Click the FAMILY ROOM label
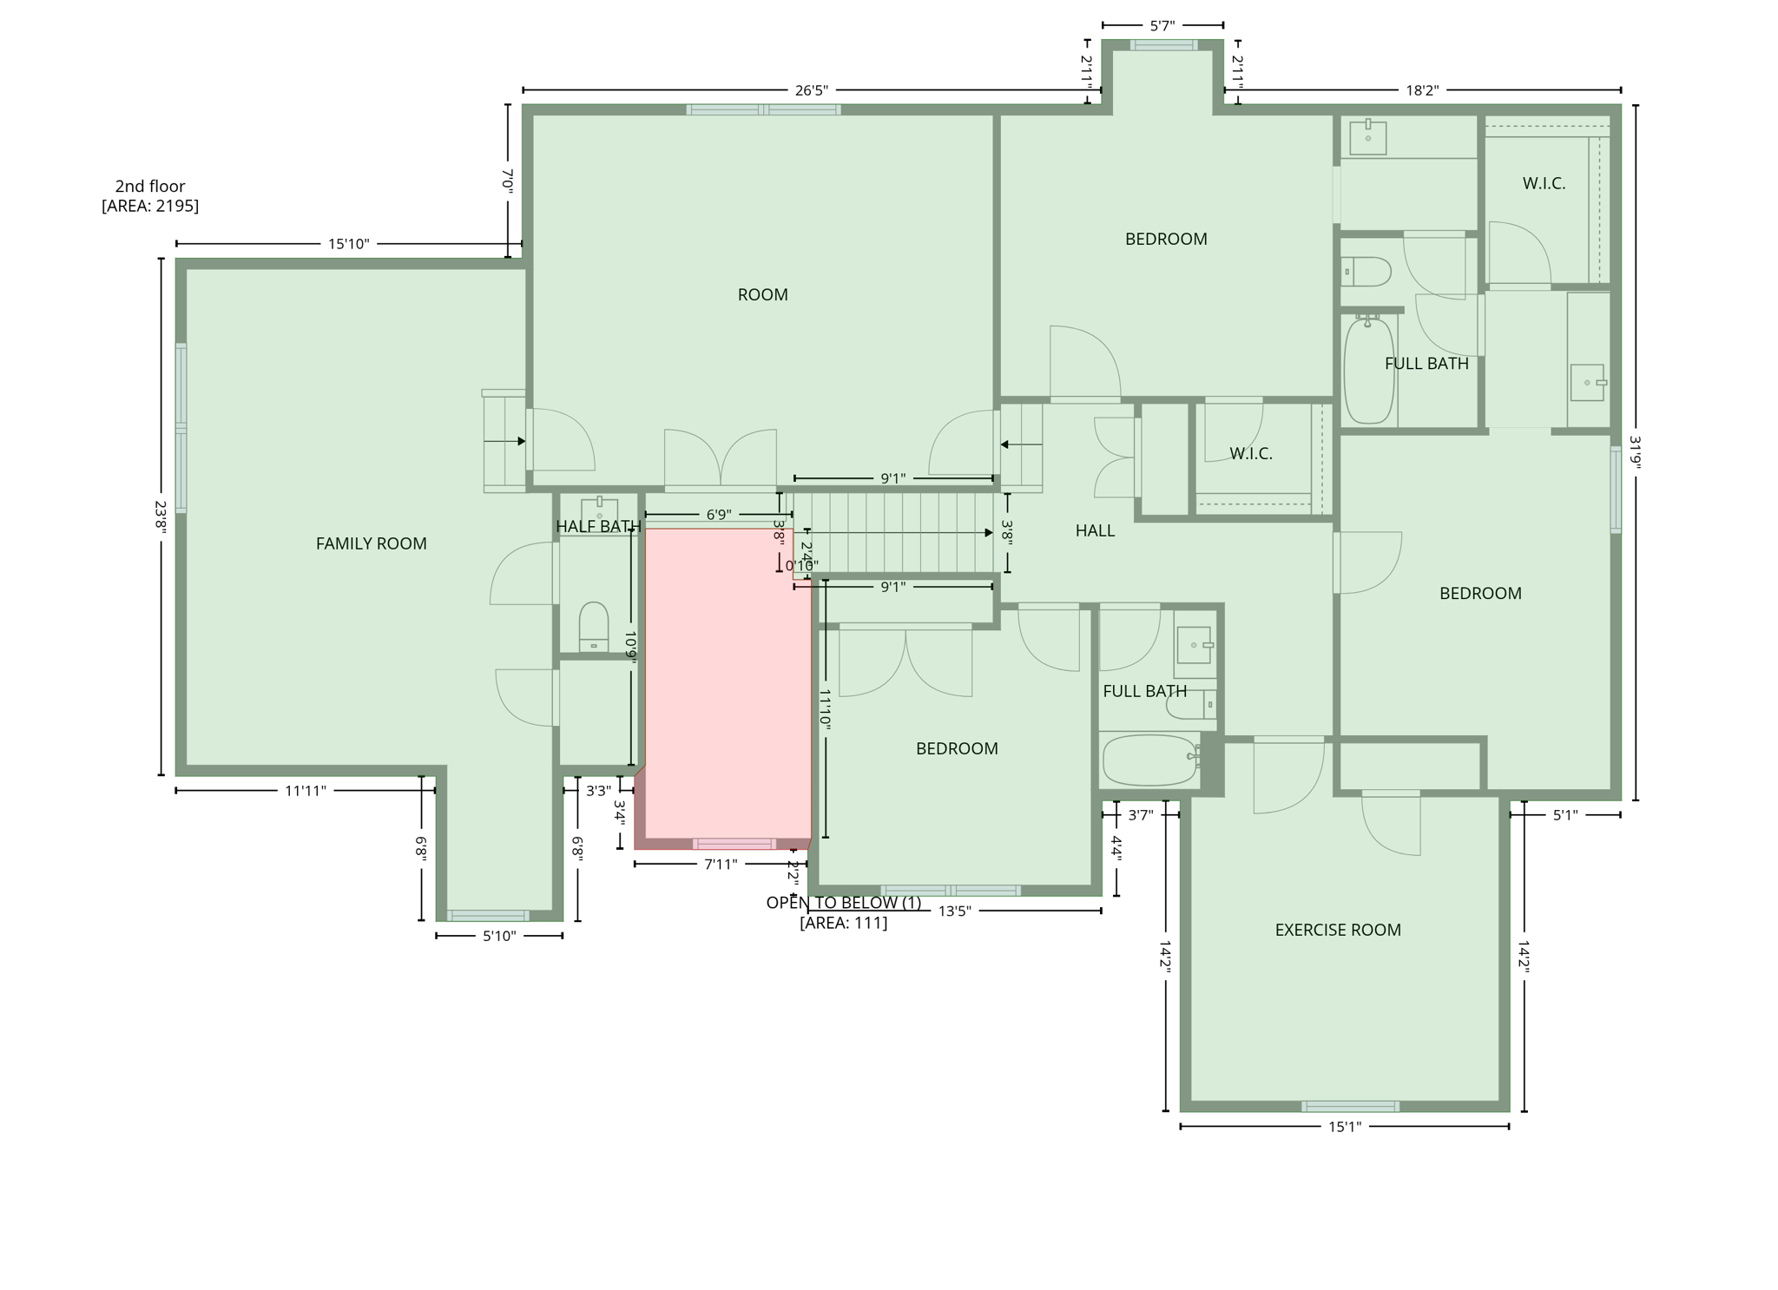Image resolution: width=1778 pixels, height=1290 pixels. (x=371, y=543)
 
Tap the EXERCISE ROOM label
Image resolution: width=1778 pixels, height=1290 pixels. (x=1337, y=930)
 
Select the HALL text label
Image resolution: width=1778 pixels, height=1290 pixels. (x=1095, y=530)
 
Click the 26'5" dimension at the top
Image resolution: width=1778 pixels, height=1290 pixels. (x=811, y=90)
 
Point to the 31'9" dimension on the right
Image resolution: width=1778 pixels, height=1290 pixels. (x=1635, y=452)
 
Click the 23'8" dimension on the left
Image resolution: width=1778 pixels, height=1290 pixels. (x=161, y=517)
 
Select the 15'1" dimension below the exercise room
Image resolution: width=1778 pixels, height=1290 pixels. (x=1344, y=1127)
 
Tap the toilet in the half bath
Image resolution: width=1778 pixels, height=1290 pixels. (x=594, y=626)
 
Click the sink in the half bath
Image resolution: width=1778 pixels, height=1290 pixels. (x=599, y=510)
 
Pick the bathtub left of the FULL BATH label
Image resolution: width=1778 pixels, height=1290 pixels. (x=1368, y=371)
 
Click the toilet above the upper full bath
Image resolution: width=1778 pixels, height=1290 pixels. (x=1366, y=272)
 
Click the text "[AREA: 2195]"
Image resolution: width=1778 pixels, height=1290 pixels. (x=150, y=206)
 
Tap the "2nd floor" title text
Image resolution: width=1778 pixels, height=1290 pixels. (x=150, y=186)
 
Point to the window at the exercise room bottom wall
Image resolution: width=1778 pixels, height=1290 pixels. (x=1349, y=1106)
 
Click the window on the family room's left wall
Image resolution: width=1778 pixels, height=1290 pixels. (x=181, y=427)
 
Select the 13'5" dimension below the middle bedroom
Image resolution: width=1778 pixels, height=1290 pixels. (x=954, y=911)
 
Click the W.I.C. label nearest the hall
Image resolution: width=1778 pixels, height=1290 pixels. (x=1250, y=453)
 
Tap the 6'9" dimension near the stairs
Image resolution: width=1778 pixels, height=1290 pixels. (x=717, y=515)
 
